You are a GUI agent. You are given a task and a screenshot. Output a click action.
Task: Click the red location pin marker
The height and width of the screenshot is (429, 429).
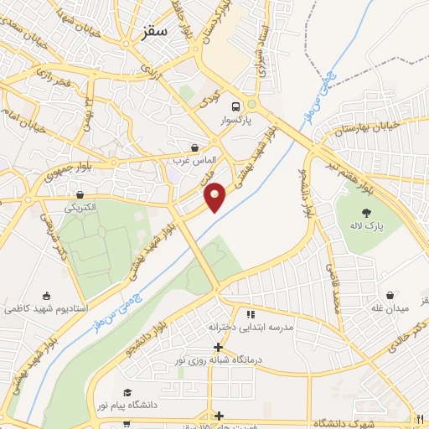coord(215,197)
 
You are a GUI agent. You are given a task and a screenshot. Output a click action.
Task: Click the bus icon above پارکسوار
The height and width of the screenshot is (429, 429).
coord(237,106)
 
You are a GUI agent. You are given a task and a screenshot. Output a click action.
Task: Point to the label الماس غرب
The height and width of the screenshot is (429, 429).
coord(194,159)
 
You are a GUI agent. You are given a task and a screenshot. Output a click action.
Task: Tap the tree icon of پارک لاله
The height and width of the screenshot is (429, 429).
coord(366,213)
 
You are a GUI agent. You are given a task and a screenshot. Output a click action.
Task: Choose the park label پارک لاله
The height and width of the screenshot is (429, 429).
coord(366,226)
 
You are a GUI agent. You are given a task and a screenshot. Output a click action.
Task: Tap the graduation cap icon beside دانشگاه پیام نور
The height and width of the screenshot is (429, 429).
coord(127,392)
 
